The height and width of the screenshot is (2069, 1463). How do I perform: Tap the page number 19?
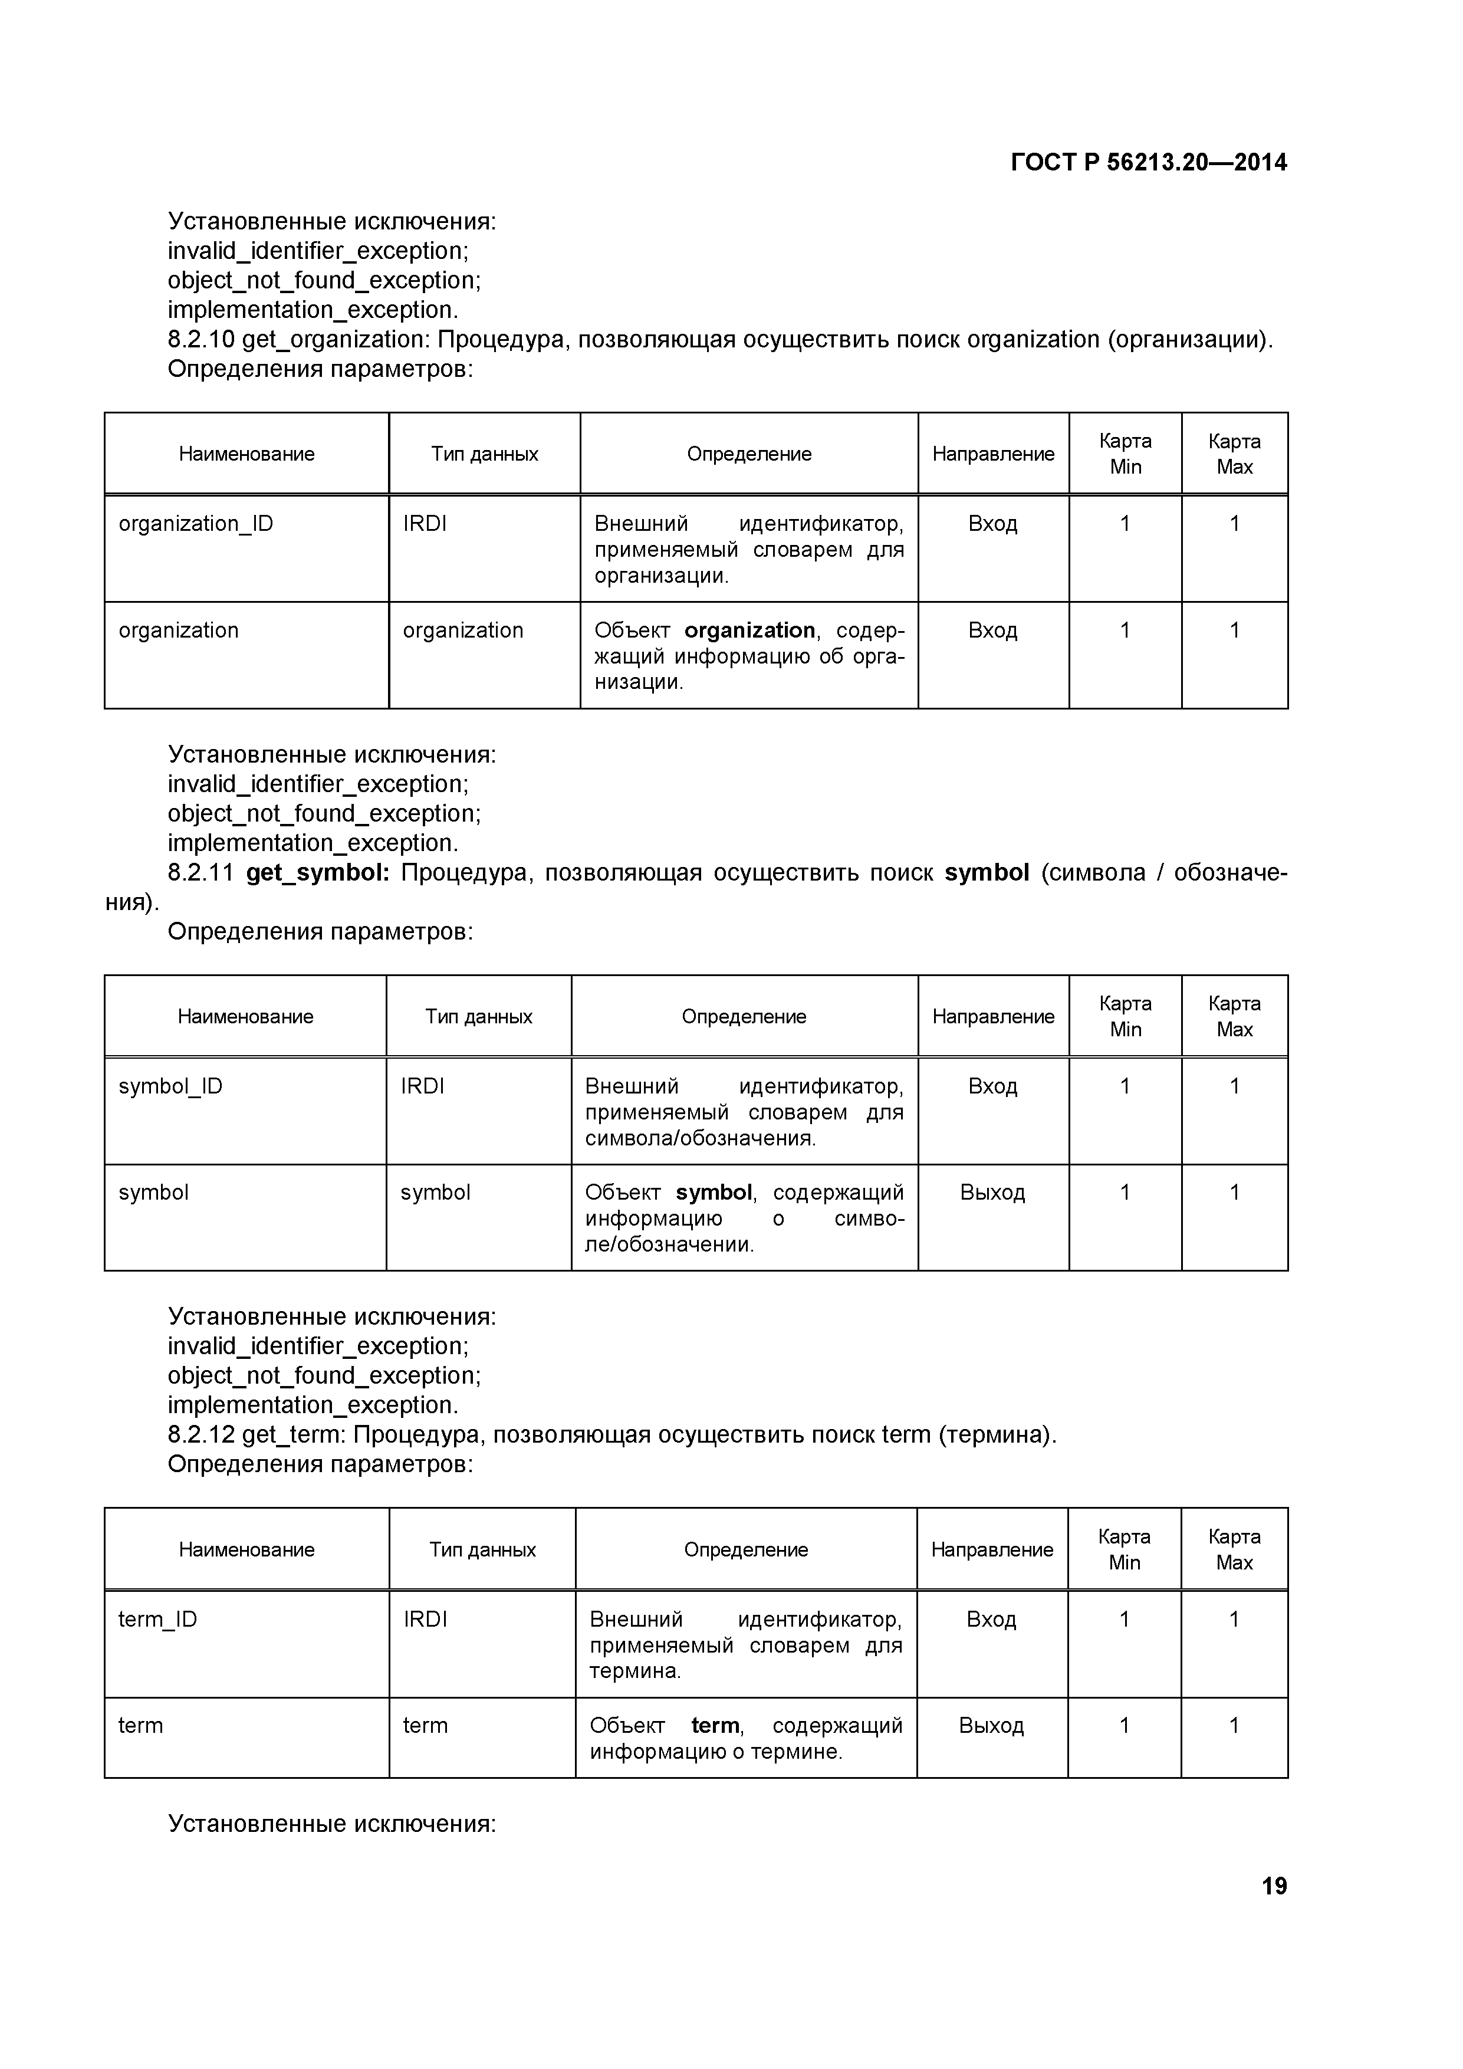(x=1274, y=1886)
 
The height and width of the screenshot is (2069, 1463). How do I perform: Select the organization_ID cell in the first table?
(x=196, y=524)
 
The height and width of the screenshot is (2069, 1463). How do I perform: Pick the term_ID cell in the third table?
(x=157, y=1620)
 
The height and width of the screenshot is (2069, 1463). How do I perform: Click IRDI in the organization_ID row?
(x=425, y=524)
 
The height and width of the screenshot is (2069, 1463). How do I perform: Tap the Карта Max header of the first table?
(x=1234, y=454)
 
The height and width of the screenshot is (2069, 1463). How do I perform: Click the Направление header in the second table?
(x=993, y=1016)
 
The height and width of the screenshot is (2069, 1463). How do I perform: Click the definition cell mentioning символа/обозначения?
(x=744, y=1112)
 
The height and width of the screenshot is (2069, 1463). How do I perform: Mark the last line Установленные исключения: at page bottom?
(x=331, y=1824)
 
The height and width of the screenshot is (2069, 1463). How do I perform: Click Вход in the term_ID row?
(x=991, y=1620)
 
